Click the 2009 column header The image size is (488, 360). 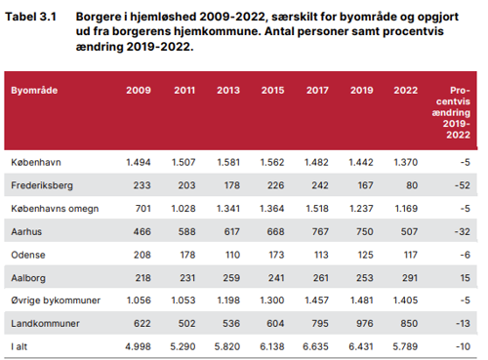pyautogui.click(x=139, y=90)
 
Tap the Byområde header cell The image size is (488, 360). pyautogui.click(x=34, y=90)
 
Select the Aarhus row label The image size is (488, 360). pyautogui.click(x=28, y=230)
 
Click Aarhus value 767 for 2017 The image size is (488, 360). pyautogui.click(x=316, y=230)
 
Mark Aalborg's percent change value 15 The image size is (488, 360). pyautogui.click(x=466, y=277)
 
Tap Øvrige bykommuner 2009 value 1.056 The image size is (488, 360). pyautogui.click(x=139, y=300)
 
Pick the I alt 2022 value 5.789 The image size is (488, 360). pyautogui.click(x=404, y=346)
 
